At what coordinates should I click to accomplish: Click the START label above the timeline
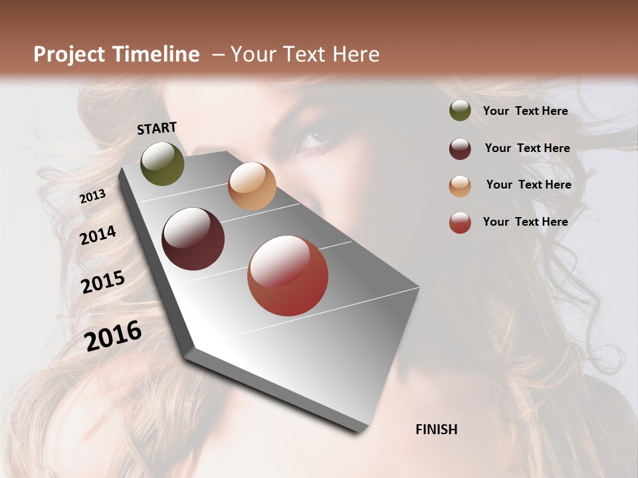157,128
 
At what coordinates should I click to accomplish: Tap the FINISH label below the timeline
437,430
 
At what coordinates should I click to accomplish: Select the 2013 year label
93,196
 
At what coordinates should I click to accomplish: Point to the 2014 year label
98,235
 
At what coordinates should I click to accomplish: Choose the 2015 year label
103,282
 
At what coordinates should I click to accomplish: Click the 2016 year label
114,335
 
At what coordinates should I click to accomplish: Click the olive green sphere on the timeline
163,163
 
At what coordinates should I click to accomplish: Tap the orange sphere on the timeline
252,186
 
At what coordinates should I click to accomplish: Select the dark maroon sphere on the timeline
193,239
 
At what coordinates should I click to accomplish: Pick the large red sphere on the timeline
288,276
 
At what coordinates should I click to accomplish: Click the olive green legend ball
460,111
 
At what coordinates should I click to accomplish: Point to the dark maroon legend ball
460,149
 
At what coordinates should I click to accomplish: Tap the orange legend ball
460,186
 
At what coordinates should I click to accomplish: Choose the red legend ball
460,223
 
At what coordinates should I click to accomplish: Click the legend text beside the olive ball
525,111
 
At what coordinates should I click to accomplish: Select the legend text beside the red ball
525,222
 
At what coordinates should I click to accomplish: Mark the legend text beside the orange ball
528,185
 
